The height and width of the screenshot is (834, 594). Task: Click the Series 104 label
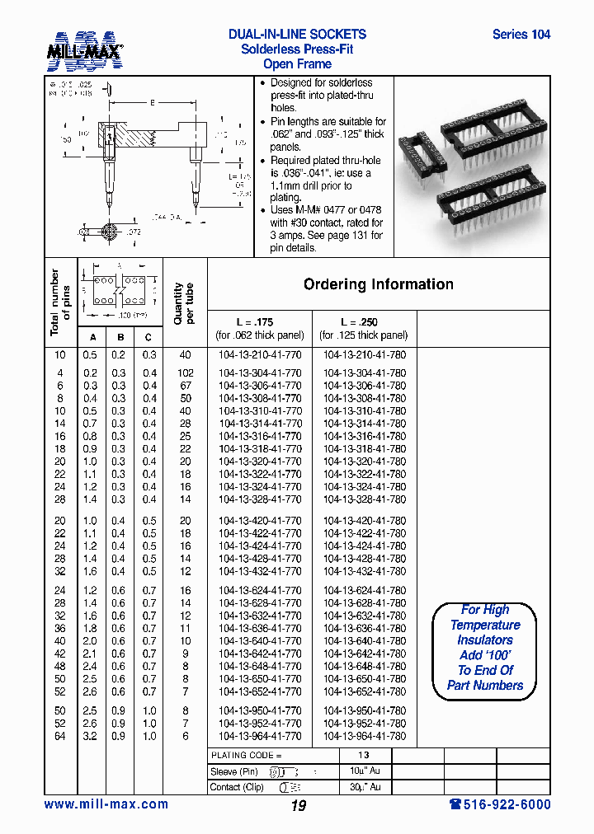[x=521, y=35]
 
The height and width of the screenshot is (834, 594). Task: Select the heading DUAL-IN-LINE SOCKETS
[x=297, y=35]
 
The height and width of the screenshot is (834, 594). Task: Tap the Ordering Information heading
[x=378, y=284]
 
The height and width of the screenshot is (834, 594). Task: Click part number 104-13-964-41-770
[x=260, y=736]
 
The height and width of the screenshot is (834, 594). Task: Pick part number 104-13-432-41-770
[x=260, y=571]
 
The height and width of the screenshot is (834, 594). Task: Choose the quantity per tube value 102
[x=185, y=373]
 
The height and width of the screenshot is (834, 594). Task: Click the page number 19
[x=298, y=806]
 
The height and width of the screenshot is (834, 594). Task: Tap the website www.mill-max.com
[x=106, y=804]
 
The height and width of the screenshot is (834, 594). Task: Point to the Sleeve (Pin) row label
[x=234, y=771]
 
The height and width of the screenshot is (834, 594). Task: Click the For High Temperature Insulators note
[x=485, y=647]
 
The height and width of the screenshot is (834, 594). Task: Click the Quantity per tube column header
[x=184, y=303]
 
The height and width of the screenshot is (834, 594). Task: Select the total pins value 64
[x=59, y=736]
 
